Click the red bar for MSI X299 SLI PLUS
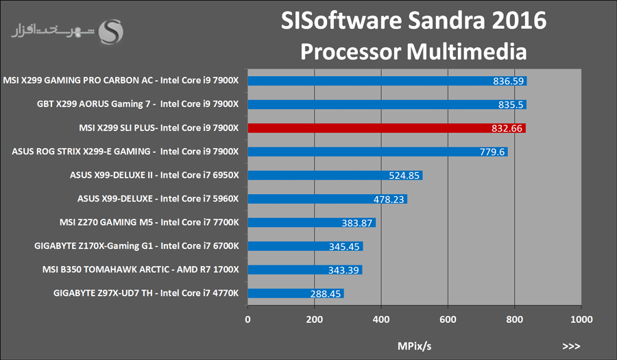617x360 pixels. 386,128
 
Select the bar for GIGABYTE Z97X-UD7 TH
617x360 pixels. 295,293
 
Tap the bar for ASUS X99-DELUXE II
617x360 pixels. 335,175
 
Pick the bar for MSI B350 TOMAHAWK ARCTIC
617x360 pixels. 304,269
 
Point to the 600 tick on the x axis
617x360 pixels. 448,320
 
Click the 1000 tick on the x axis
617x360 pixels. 581,320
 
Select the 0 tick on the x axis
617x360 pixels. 247,320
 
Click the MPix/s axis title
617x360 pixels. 414,345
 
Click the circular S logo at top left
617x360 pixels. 111,31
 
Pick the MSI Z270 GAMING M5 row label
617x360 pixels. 150,222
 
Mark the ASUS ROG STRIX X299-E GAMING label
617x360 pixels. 125,152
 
